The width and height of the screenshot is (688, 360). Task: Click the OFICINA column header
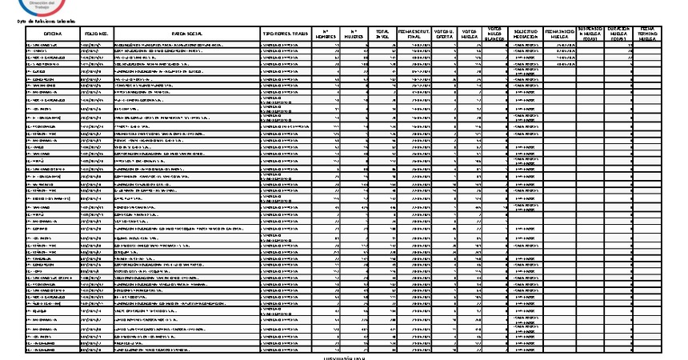click(x=53, y=34)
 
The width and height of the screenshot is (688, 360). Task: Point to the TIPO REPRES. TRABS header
click(x=286, y=34)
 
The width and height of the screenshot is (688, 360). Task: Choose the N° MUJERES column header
click(x=355, y=34)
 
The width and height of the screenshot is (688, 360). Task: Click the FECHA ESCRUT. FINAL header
click(x=414, y=34)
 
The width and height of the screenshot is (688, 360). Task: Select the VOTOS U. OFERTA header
click(x=446, y=34)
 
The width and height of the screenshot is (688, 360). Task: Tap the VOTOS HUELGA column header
click(x=471, y=34)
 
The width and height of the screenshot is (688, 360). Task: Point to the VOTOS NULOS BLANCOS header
click(x=494, y=34)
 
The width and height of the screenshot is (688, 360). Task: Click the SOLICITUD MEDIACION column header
click(x=525, y=34)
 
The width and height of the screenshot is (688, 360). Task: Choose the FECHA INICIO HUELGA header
click(x=559, y=34)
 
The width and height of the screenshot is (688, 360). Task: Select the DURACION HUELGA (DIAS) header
click(x=620, y=34)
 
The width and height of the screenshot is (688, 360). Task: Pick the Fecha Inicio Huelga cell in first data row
click(x=559, y=46)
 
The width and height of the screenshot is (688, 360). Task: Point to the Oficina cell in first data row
click(x=53, y=46)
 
